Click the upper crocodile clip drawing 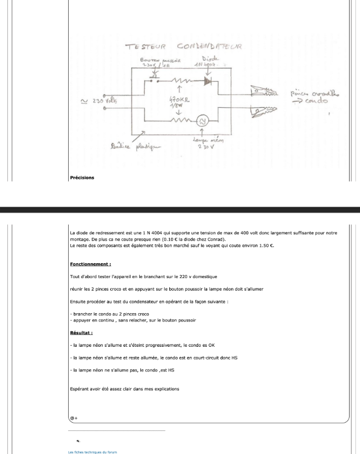click(x=262, y=91)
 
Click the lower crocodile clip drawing click(x=262, y=111)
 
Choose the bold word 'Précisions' click(x=82, y=178)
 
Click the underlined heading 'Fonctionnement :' click(x=90, y=264)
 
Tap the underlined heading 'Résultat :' click(x=81, y=333)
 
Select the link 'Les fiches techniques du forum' click(x=92, y=452)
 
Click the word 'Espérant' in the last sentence click(x=79, y=389)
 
